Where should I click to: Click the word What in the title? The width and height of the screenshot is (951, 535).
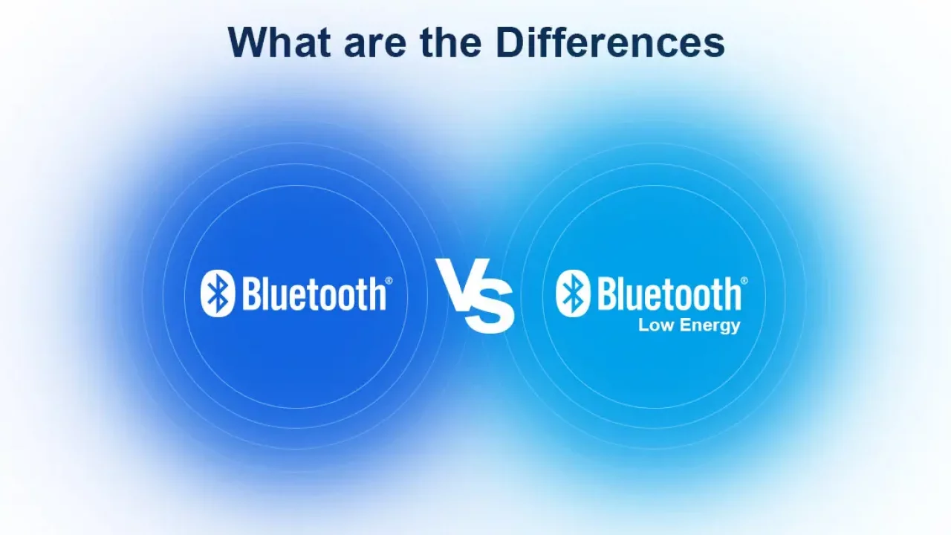point(279,42)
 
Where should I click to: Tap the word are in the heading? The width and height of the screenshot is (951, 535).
point(375,46)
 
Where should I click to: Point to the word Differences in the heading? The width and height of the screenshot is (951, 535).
point(610,42)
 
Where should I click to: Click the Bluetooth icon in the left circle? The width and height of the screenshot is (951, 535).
point(218,294)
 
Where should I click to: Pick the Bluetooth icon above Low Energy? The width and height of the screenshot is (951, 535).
point(573,294)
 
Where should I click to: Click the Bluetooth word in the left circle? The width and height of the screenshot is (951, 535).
point(314,294)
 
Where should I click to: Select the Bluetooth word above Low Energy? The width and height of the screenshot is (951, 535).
point(669,294)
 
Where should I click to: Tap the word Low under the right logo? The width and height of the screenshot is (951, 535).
point(656,325)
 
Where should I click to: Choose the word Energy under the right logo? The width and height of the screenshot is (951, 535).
point(710,326)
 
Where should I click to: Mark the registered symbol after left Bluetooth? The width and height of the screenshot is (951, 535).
point(389,281)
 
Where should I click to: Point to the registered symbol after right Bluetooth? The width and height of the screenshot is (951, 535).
point(744,281)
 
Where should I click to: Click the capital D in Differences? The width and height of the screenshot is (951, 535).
point(509,42)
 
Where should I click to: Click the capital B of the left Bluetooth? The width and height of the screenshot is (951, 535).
point(251,294)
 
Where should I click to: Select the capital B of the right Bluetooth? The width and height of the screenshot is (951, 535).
point(607,294)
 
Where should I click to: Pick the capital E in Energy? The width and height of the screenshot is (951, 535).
point(685,325)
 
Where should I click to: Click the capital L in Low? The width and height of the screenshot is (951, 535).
point(643,325)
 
